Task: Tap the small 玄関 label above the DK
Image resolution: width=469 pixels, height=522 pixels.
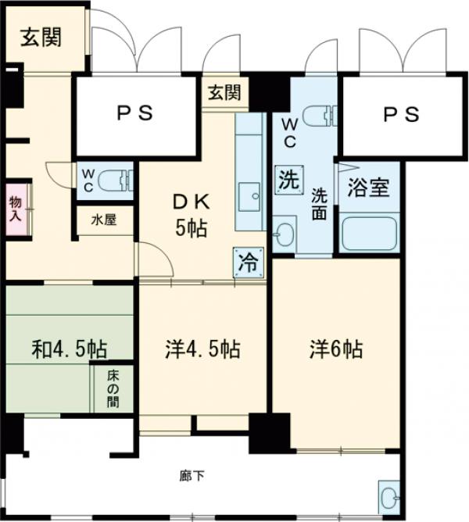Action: [x=224, y=92]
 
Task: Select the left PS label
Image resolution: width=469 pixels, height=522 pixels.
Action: [x=134, y=113]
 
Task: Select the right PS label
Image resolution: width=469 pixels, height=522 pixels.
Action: [x=400, y=113]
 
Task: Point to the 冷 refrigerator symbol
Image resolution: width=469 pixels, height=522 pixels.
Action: [x=247, y=262]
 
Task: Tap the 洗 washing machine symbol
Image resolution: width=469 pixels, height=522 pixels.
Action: [x=288, y=181]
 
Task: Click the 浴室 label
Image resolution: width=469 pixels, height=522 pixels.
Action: [x=368, y=188]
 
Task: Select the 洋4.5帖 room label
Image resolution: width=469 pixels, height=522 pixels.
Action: [x=202, y=349]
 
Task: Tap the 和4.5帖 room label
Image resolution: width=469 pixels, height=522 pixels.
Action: [x=70, y=349]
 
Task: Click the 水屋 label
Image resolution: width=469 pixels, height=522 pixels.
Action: [x=104, y=220]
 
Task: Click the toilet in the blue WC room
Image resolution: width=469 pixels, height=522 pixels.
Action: [x=320, y=116]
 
